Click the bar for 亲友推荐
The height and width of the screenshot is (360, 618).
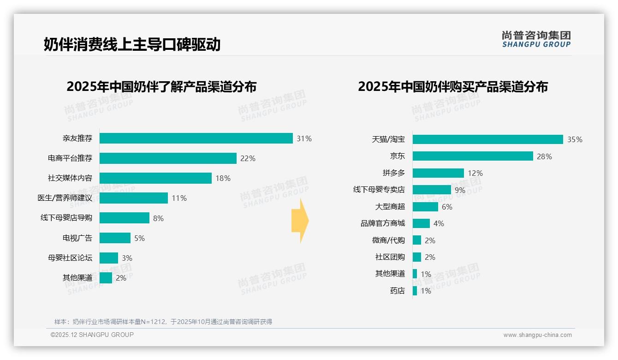point(196,138)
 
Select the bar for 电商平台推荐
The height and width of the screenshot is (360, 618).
point(168,158)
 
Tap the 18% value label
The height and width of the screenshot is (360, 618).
point(223,178)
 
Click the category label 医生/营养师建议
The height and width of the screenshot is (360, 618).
point(65,198)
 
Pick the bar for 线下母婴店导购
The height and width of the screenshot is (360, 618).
point(125,218)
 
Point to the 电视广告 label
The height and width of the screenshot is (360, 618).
point(77,238)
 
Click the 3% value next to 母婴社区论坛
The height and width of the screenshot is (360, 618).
point(127,258)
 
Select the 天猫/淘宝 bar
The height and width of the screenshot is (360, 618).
point(487,139)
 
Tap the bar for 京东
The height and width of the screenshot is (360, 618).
point(473,156)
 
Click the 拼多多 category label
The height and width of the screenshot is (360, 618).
point(394,173)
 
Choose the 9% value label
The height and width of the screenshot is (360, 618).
point(460,190)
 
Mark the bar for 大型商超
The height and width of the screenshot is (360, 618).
point(425,207)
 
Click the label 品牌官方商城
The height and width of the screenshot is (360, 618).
point(383,223)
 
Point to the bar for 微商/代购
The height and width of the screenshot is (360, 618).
point(417,240)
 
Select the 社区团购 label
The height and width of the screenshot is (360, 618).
point(390,257)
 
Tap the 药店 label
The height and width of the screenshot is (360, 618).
point(398,291)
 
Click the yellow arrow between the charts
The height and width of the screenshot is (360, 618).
point(300,221)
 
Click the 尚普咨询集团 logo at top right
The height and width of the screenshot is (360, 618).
point(536,39)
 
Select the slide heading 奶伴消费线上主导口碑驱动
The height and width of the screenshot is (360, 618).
point(132,44)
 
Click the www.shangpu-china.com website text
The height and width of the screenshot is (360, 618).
point(537,335)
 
